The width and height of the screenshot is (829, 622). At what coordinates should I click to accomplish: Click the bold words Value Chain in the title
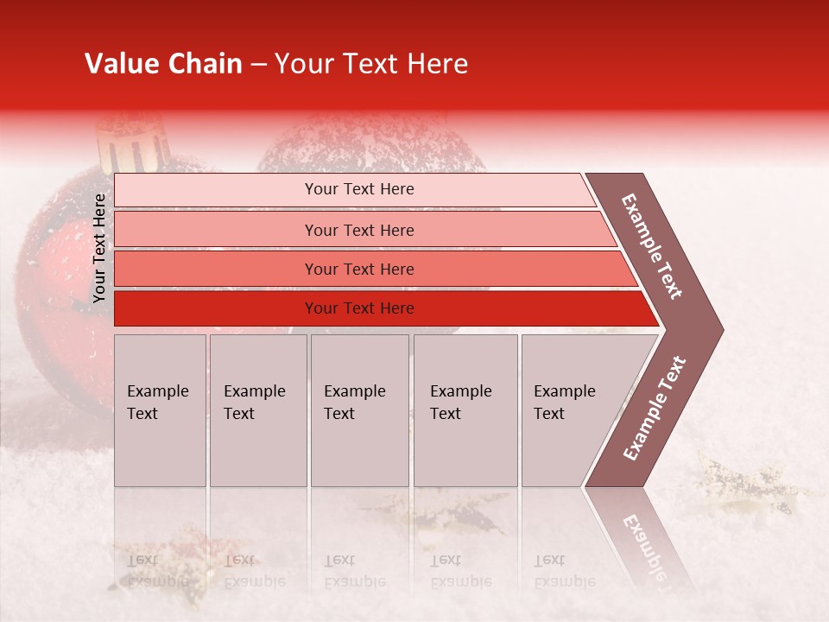(163, 64)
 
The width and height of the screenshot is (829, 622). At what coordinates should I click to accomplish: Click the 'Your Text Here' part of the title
(371, 64)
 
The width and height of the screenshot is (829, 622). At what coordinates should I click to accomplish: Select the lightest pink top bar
(354, 189)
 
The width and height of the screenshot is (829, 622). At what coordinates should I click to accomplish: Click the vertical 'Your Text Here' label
(100, 248)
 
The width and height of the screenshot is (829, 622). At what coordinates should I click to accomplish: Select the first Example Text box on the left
(160, 410)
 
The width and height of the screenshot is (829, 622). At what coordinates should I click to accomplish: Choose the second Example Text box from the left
(257, 410)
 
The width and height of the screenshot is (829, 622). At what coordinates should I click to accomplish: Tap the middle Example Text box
(359, 410)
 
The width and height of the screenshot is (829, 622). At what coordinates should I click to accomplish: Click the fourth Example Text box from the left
(465, 410)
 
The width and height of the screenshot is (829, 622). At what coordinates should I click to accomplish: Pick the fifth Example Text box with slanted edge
(574, 410)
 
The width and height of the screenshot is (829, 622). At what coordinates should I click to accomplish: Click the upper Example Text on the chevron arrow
(652, 246)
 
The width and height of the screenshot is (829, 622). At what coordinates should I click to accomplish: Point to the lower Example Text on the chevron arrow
(655, 409)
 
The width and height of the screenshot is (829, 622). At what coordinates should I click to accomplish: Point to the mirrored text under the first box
(157, 571)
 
